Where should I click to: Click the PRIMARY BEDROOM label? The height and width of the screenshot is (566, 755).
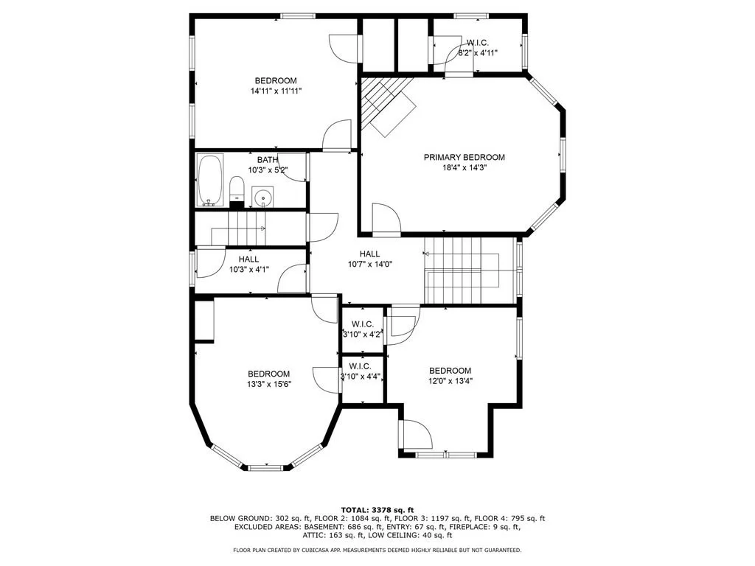[x=465, y=158]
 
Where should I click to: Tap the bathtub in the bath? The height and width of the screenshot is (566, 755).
[x=210, y=180]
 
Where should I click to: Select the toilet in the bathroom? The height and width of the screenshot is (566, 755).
[x=237, y=189]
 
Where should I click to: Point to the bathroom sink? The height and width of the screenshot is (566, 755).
[x=263, y=197]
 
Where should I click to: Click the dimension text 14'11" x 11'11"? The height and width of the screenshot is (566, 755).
[x=276, y=91]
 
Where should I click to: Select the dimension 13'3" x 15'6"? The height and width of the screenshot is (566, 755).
[x=269, y=384]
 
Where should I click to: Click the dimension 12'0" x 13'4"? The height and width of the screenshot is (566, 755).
[x=450, y=381]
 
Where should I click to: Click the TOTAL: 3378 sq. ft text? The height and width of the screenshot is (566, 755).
[x=377, y=510]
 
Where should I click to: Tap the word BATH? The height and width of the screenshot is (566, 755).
[x=267, y=160]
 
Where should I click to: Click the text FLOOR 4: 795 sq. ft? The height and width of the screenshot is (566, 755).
[x=509, y=518]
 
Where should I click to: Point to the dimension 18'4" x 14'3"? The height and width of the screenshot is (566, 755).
[x=465, y=168]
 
